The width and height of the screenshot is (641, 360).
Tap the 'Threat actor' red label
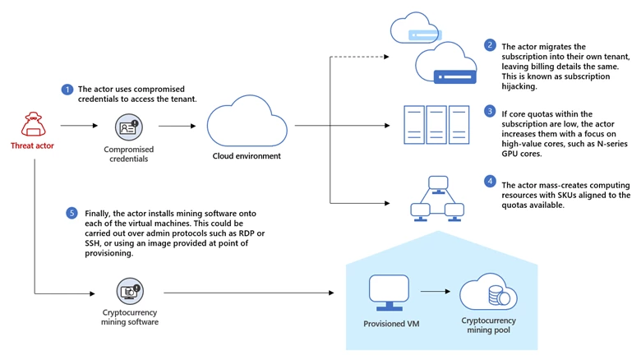[34, 146]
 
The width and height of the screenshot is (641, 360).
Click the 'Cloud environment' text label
[247, 156]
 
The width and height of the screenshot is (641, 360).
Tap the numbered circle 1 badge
[67, 89]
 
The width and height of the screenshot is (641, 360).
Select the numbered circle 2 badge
[490, 45]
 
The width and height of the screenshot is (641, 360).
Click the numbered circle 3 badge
[490, 111]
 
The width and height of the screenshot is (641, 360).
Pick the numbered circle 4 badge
[490, 181]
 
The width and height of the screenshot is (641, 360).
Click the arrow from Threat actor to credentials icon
[79, 127]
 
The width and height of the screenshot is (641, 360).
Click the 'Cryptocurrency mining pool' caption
[488, 325]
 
